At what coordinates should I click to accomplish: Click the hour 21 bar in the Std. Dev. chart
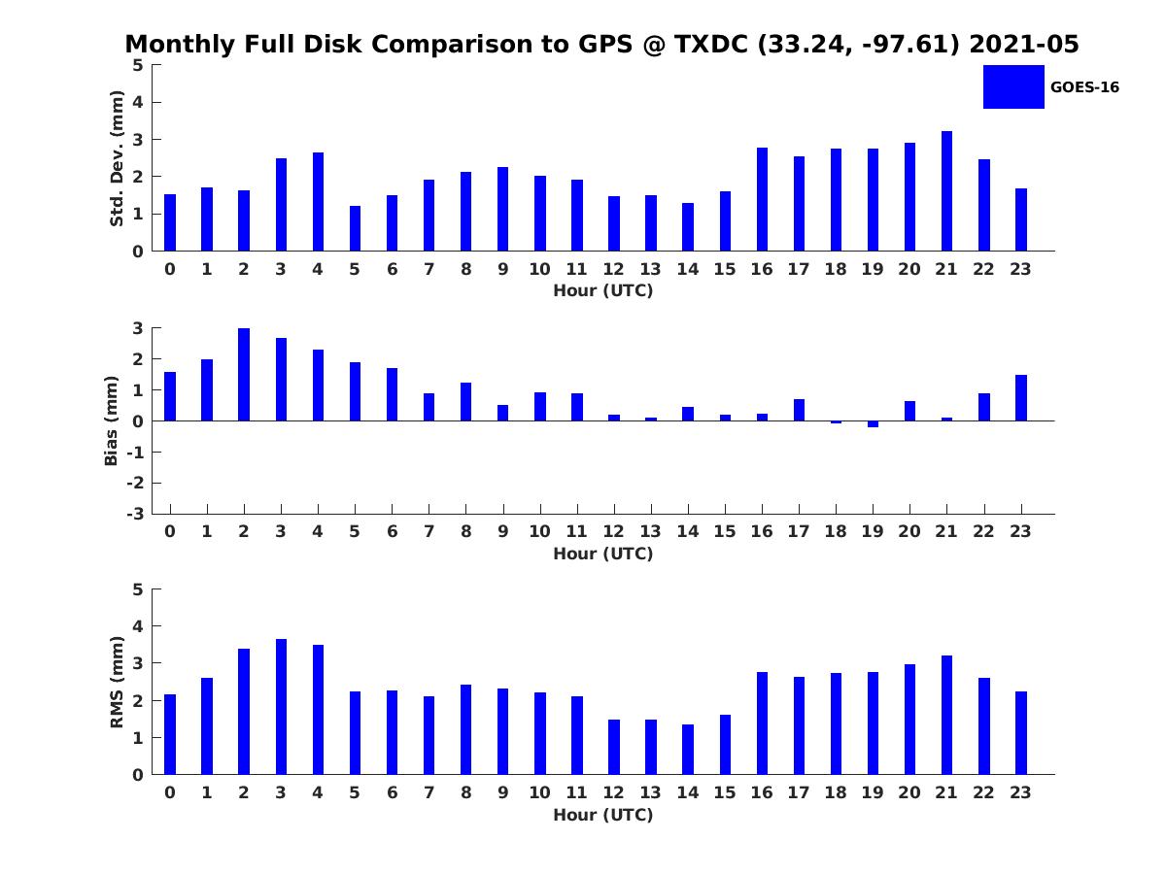click(946, 191)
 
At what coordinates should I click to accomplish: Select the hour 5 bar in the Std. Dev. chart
click(355, 228)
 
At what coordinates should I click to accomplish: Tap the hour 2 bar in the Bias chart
click(244, 375)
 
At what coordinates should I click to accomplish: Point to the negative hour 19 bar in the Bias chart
click(873, 424)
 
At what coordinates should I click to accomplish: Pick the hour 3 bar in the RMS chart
click(281, 707)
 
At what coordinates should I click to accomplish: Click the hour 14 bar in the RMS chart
click(688, 750)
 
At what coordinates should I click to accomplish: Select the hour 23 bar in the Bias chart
click(1021, 398)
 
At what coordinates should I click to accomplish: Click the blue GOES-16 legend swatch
click(1013, 87)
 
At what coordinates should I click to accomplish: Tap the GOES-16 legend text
click(1084, 87)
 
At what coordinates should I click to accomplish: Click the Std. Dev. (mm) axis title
click(117, 158)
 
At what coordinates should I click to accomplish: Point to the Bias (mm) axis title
click(111, 420)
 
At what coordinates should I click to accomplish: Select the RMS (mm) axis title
click(117, 682)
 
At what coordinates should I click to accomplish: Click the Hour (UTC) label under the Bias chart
click(603, 554)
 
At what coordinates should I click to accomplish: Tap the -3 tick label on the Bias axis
click(135, 514)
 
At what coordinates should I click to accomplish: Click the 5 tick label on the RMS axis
click(138, 589)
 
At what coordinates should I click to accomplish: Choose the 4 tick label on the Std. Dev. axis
click(138, 102)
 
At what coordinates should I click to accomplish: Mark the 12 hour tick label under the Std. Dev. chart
click(613, 270)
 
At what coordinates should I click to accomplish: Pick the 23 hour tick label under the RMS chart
click(1020, 792)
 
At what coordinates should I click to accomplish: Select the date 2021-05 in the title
click(1024, 44)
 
